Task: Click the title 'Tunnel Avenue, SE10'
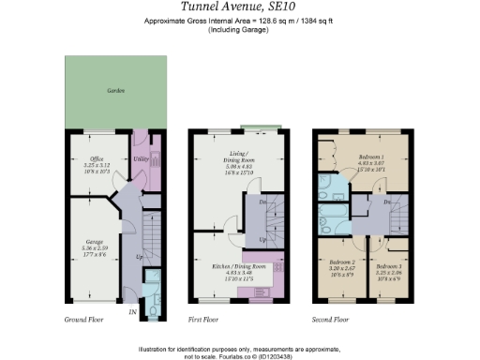(240, 7)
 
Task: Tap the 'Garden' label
(115, 91)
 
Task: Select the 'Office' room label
(96, 158)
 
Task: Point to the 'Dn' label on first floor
(263, 202)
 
